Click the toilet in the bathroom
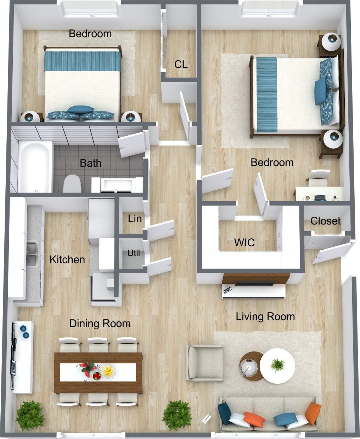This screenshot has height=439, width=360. click(72, 183)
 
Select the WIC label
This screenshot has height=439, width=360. click(244, 243)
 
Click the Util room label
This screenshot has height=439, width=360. click(134, 253)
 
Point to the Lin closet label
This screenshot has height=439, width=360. click(135, 219)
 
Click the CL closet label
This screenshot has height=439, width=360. click(181, 64)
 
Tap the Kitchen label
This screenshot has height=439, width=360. click(67, 260)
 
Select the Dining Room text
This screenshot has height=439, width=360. click(100, 323)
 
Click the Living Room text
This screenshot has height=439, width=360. click(265, 316)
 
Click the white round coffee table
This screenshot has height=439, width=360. click(277, 366)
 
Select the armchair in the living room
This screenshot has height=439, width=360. click(204, 363)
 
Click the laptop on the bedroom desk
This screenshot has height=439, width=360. click(320, 197)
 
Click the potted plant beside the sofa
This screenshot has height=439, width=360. click(177, 415)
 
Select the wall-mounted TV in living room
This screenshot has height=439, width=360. click(254, 283)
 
